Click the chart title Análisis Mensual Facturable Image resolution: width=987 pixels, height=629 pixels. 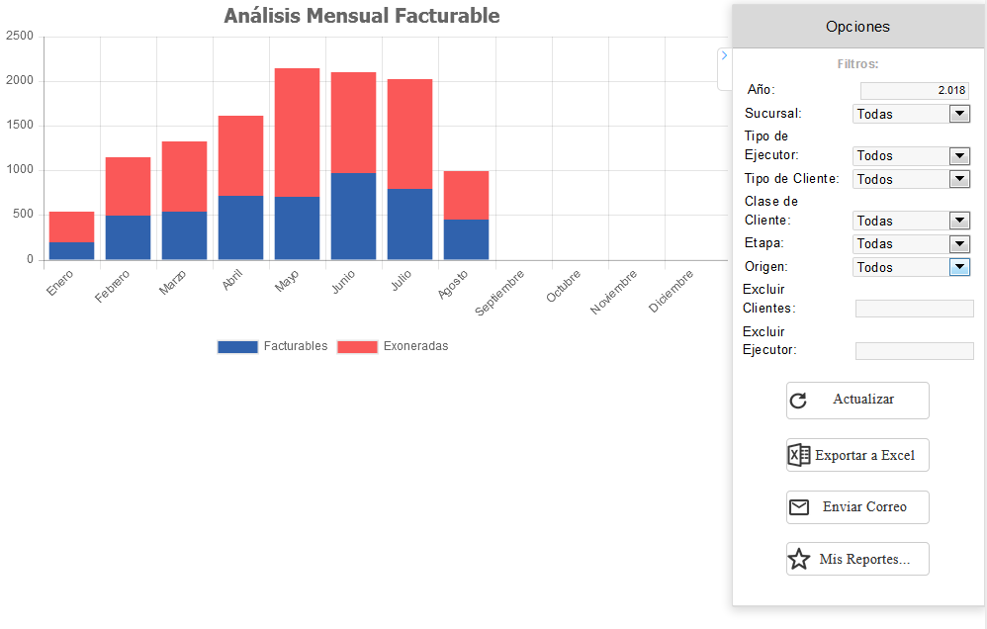(361, 16)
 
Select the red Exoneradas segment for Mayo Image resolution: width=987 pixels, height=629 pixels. (297, 133)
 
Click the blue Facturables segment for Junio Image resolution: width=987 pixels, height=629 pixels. (353, 216)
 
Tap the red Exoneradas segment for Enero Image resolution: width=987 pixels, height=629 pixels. (71, 226)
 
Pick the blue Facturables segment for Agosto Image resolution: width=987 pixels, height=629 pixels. (466, 239)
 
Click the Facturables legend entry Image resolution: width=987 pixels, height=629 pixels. (273, 346)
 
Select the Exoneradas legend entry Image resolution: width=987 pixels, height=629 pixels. (393, 346)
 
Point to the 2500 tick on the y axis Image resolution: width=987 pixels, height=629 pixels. (20, 37)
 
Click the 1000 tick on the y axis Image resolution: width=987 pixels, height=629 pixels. (20, 170)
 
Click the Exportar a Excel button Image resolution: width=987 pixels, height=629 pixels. (857, 455)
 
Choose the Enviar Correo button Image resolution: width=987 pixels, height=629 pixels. (857, 507)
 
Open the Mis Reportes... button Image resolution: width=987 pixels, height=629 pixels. (857, 559)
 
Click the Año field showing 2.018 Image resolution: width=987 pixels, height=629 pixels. (915, 90)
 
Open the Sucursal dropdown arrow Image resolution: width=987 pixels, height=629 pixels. (959, 114)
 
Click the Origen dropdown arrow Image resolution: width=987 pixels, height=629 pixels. (959, 267)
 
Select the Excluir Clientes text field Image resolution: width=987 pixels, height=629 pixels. (914, 309)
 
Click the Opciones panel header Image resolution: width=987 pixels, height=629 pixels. (857, 27)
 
